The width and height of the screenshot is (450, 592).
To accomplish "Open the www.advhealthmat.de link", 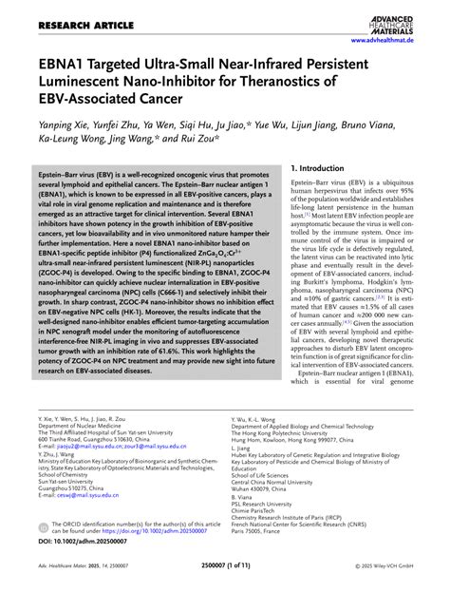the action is pyautogui.click(x=393, y=41).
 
